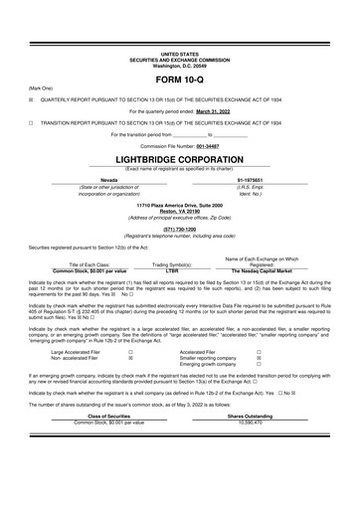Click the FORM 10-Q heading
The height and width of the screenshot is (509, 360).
[179, 78]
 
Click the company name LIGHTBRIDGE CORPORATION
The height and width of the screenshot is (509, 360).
[179, 157]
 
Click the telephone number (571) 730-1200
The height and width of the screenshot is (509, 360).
[179, 228]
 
